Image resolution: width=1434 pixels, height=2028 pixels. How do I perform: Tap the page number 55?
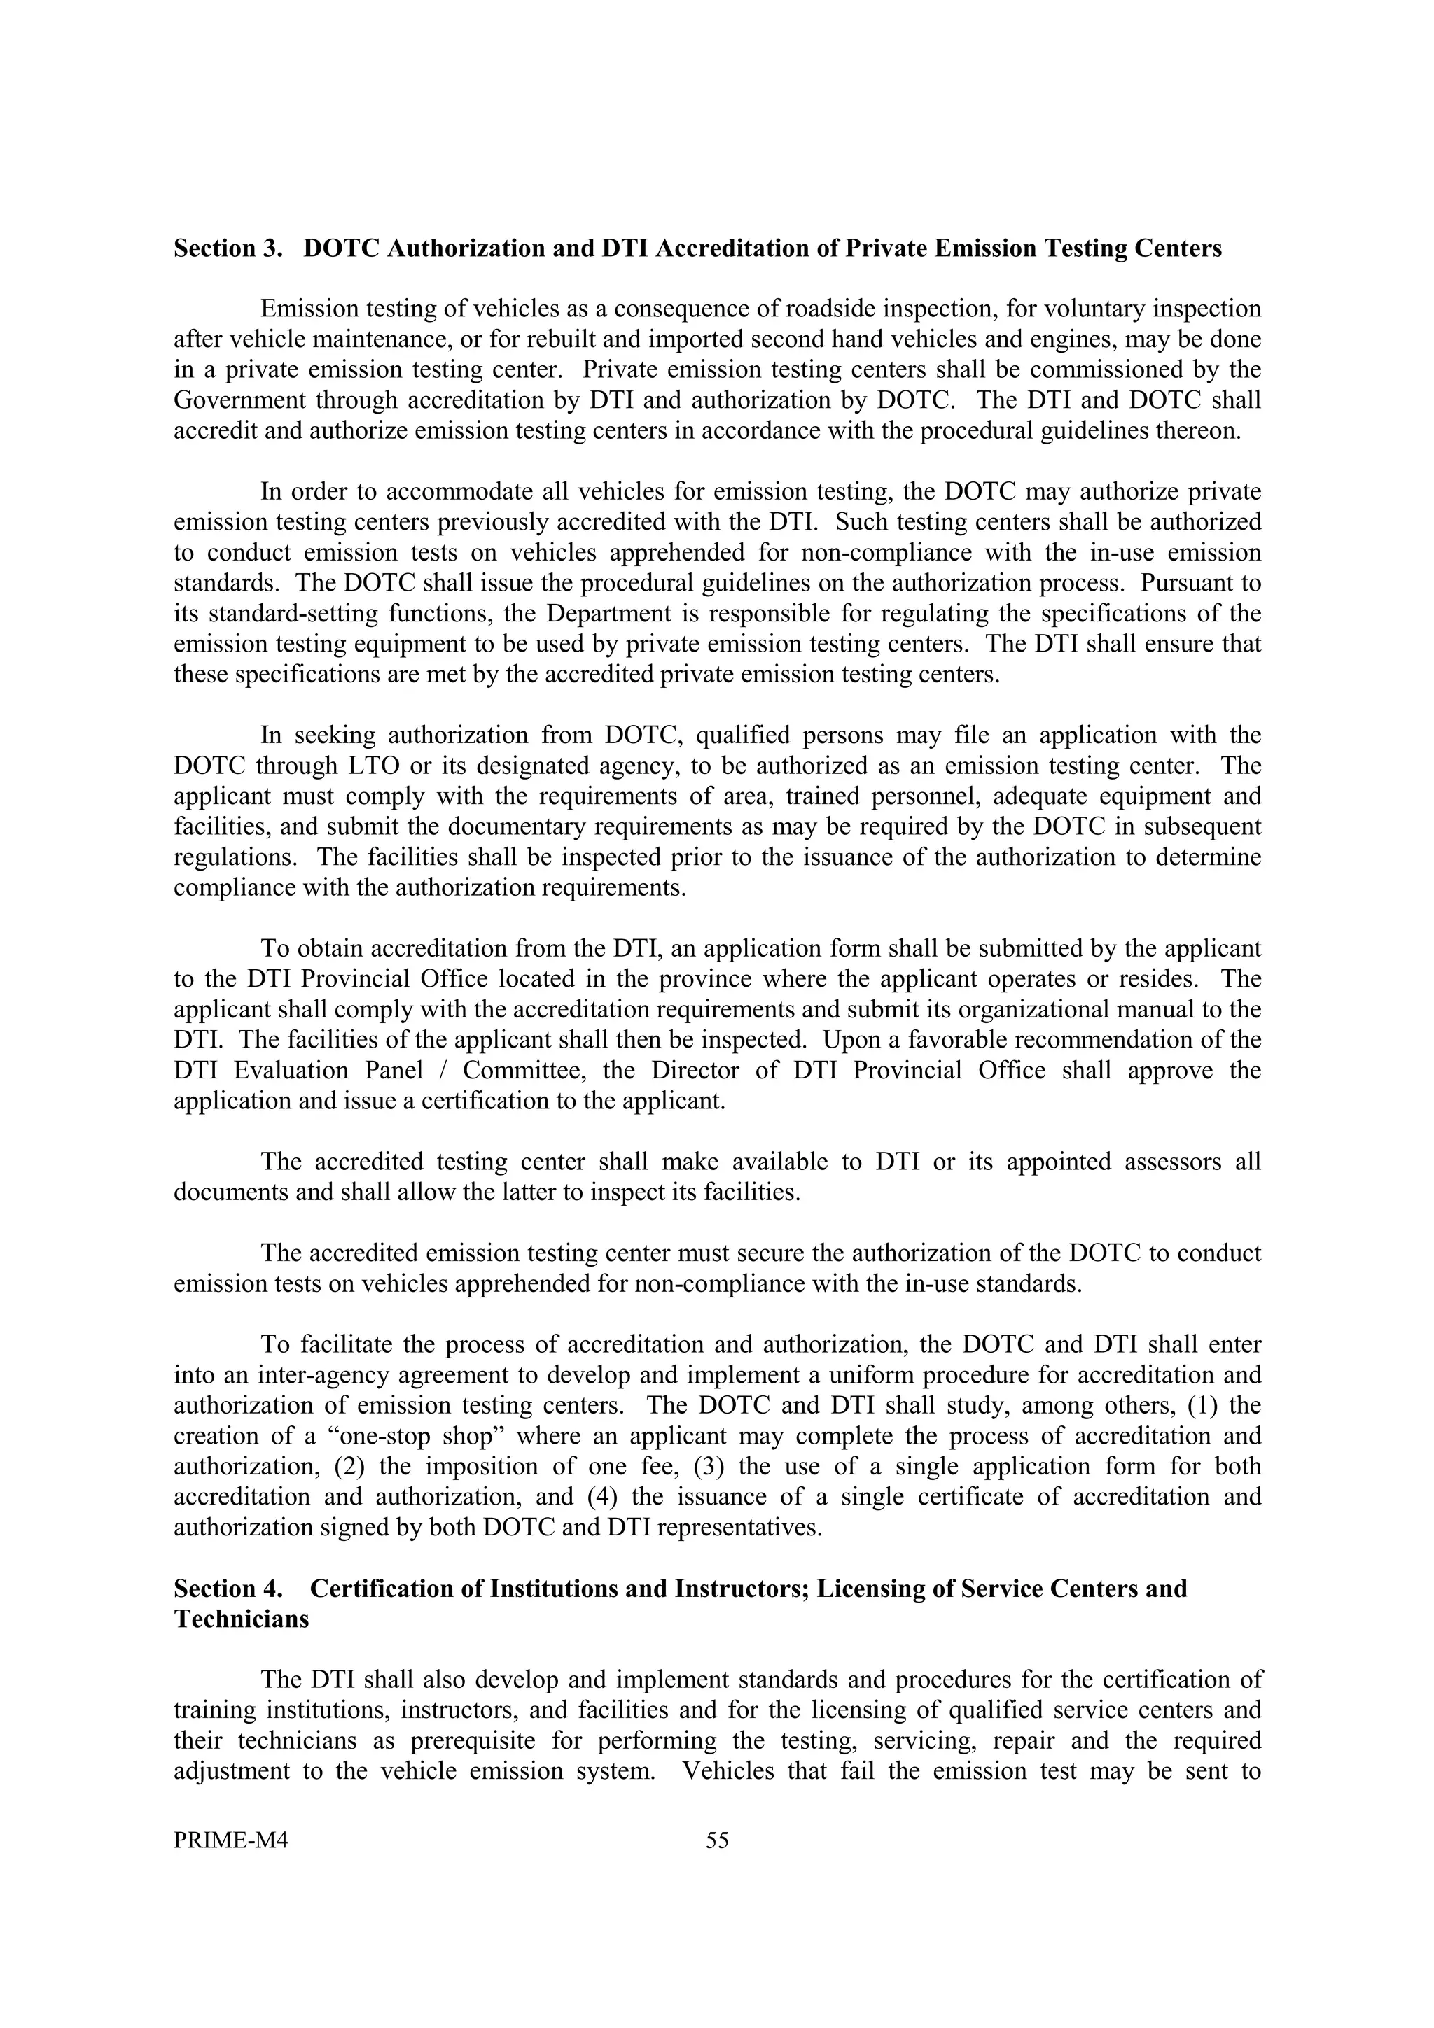coord(718,1840)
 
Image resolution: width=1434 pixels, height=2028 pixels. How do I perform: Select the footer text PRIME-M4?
coord(232,1840)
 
